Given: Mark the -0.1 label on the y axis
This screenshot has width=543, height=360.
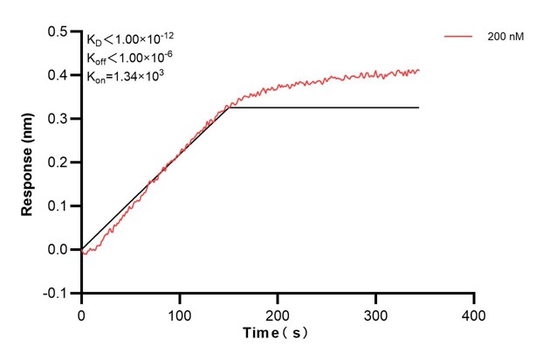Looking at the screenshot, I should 55,294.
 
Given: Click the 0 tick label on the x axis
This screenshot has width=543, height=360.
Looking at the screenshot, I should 81,312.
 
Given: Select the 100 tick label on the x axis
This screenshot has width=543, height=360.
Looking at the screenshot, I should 179,312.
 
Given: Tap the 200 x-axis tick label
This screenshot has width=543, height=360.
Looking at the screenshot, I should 278,312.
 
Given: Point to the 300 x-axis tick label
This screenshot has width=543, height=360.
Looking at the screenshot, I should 375,312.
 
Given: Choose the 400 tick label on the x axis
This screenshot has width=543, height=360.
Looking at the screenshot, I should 473,312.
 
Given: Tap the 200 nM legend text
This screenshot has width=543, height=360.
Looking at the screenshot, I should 505,38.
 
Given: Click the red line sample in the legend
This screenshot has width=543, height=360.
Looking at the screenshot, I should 459,38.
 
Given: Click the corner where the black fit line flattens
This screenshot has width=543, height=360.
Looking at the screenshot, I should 230,107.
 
